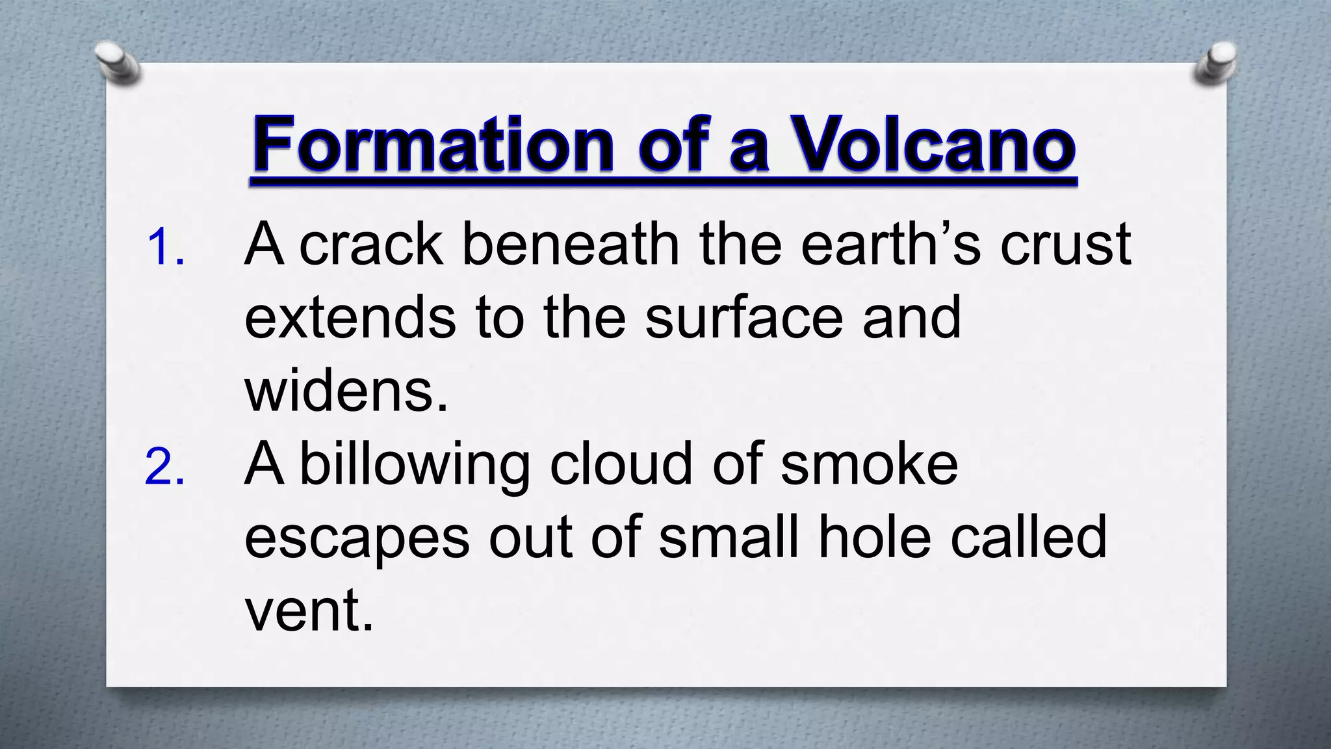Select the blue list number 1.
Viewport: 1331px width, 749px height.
tap(165, 247)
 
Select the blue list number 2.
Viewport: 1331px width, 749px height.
tap(165, 467)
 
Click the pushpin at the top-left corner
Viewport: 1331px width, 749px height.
tap(117, 64)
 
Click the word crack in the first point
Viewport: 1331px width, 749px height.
tap(371, 245)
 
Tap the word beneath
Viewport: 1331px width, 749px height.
tap(570, 245)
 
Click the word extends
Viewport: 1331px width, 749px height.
tap(350, 318)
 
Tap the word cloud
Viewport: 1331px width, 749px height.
tap(621, 465)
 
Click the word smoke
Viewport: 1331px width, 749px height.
tap(869, 465)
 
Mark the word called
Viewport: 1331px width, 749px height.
tap(1029, 538)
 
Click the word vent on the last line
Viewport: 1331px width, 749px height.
tap(309, 612)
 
